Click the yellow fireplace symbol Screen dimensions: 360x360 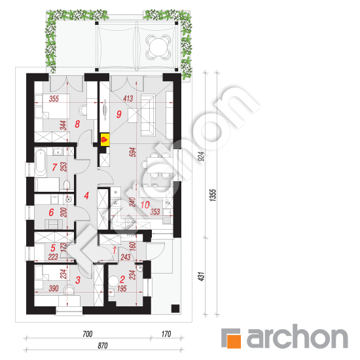coord(105,139)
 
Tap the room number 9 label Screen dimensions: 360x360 coord(118,114)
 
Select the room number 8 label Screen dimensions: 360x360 coord(77,124)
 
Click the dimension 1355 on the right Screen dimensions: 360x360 coord(213,195)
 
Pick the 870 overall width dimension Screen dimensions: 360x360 coord(102,346)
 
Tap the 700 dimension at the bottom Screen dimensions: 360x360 coord(88,334)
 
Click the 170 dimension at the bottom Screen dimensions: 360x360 coord(166,334)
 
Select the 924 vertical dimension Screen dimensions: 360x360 coord(201,156)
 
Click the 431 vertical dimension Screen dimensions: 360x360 coord(201,276)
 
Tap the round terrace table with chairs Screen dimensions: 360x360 coord(158,47)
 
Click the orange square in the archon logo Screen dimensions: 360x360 coord(234,341)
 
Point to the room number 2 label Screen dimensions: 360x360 coord(122,279)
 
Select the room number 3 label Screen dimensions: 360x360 coord(78,280)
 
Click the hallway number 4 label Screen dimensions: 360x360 coord(86,196)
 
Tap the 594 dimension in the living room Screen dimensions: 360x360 coord(133,152)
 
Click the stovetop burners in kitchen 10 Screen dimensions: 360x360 coord(131,224)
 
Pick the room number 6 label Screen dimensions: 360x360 coord(51,212)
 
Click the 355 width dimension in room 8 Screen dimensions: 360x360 coord(54,99)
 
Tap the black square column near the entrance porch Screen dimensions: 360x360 coord(175,308)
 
